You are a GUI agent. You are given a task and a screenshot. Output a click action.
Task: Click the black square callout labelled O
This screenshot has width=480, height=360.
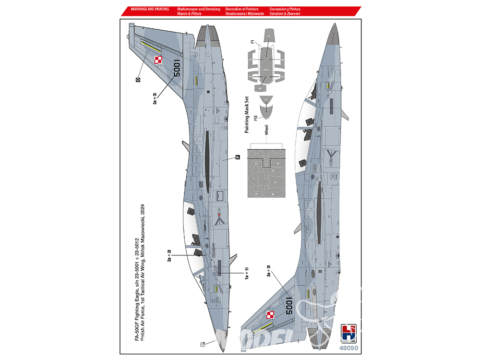click(137, 80)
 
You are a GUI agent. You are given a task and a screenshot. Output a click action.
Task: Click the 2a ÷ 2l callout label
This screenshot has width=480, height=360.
click(169, 255)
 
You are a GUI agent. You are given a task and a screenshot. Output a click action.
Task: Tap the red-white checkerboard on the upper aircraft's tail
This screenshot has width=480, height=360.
click(158, 60)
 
